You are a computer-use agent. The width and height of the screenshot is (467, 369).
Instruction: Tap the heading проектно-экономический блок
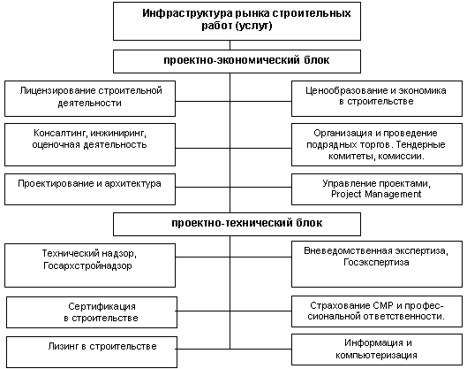pyautogui.click(x=246, y=60)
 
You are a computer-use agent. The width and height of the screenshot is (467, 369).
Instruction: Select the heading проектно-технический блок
pyautogui.click(x=246, y=223)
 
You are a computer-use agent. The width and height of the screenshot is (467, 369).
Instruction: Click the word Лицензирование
pyautogui.click(x=57, y=91)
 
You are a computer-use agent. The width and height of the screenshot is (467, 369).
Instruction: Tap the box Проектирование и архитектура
pyautogui.click(x=90, y=189)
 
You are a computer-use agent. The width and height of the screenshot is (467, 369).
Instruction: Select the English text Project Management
pyautogui.click(x=376, y=195)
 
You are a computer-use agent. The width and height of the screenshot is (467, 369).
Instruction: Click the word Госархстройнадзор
pyautogui.click(x=87, y=265)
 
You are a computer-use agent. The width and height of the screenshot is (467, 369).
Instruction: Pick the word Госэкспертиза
pyautogui.click(x=376, y=263)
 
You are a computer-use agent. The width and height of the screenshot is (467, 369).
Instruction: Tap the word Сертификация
pyautogui.click(x=102, y=306)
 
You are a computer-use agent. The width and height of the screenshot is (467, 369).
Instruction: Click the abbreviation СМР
pyautogui.click(x=383, y=305)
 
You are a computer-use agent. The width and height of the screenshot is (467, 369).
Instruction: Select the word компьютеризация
pyautogui.click(x=376, y=356)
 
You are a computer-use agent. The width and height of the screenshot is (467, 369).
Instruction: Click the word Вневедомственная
pyautogui.click(x=348, y=250)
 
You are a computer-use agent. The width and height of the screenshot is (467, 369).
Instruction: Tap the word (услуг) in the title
pyautogui.click(x=253, y=26)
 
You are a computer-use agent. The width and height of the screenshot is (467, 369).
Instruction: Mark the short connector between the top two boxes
pyautogui.click(x=230, y=45)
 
